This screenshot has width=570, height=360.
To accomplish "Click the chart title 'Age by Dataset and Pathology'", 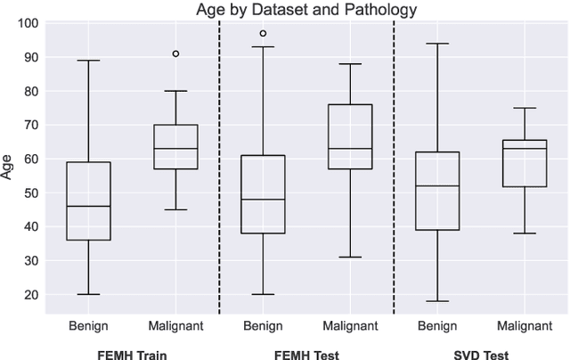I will pos(306,10).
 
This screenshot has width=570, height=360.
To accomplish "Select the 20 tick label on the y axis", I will pos(30,295).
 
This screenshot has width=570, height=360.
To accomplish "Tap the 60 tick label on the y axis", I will pos(30,159).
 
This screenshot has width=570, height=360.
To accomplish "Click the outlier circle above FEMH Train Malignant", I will pos(175,53).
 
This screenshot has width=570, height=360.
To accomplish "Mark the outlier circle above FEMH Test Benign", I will pos(263,33).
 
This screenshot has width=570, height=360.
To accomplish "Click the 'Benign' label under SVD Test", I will pos(437,325).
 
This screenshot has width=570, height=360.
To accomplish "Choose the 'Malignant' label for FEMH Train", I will pos(175,325).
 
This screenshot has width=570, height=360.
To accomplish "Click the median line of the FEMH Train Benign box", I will pos(88,206).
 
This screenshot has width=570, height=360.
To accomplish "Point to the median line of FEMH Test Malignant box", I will pos(350,148).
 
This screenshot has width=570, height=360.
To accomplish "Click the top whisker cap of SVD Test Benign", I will pos(437,43).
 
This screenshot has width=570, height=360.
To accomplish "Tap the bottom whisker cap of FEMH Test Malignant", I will pos(350,257).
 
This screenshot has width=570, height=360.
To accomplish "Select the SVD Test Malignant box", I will pos(525,163).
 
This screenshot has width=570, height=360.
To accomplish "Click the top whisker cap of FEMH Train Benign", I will pos(88,61).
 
